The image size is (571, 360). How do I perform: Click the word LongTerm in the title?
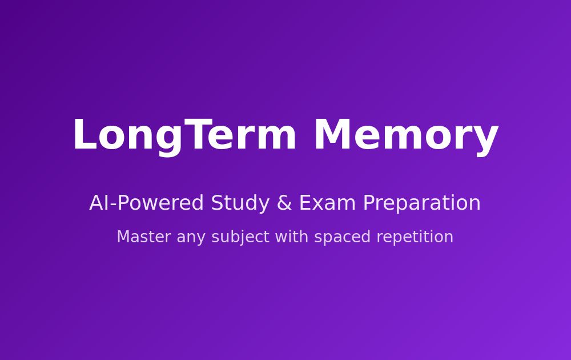pyautogui.click(x=184, y=135)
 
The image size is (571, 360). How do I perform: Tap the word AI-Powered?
pyautogui.click(x=146, y=203)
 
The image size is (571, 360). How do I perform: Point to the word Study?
pyautogui.click(x=240, y=203)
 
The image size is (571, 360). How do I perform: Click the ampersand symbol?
pyautogui.click(x=284, y=203)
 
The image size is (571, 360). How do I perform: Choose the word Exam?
pyautogui.click(x=327, y=203)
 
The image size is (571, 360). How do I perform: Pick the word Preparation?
pyautogui.click(x=422, y=203)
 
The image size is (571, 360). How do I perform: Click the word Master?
pyautogui.click(x=144, y=237)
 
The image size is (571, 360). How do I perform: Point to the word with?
pyautogui.click(x=292, y=237)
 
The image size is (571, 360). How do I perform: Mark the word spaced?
pyautogui.click(x=342, y=238)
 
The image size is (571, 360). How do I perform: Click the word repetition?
pyautogui.click(x=415, y=238)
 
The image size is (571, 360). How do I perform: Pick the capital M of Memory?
pyautogui.click(x=332, y=134)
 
